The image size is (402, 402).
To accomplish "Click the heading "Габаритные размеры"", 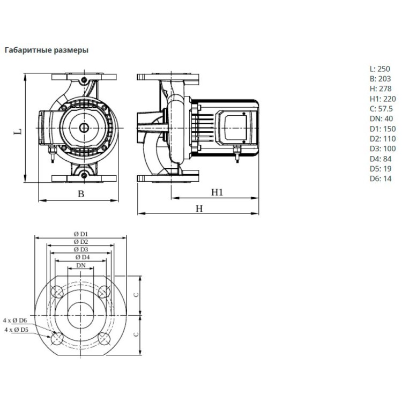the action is (x=47, y=50).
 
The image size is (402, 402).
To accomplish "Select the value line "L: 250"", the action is (x=380, y=69).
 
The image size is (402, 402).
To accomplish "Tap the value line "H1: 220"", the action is (x=383, y=99).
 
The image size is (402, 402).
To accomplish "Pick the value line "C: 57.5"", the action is (x=381, y=109).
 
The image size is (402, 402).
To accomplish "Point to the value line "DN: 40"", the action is (x=381, y=118).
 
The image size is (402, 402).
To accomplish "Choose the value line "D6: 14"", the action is (x=381, y=178).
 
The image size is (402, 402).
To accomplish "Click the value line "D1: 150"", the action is (x=383, y=129).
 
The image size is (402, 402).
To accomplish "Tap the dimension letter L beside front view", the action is (x=18, y=131).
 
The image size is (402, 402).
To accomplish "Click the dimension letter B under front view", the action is (x=81, y=194).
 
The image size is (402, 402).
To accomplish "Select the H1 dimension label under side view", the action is (x=217, y=192).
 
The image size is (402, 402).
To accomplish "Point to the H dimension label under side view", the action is (x=199, y=209).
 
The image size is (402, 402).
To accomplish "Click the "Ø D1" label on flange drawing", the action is (x=81, y=234).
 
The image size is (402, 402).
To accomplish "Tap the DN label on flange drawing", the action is (x=81, y=265).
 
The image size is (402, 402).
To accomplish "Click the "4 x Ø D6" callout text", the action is (x=15, y=320).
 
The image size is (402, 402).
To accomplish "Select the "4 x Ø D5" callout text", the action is (x=16, y=330).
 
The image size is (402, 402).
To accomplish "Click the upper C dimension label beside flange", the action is (x=136, y=295).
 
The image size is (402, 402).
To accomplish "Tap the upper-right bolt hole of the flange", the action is (x=104, y=292).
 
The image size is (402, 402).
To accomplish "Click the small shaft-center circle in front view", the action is (x=84, y=128).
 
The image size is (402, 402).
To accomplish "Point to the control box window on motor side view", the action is (x=235, y=127).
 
